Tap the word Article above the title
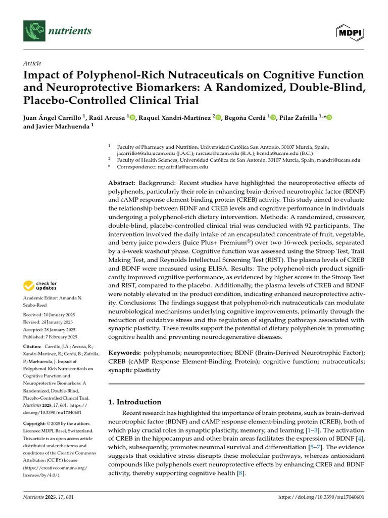pos(32,63)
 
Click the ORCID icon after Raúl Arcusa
pos(133,118)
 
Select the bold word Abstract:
pos(122,183)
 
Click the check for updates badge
pos(43,286)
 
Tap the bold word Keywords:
pos(125,352)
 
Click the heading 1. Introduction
pos(135,402)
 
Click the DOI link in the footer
pos(322,498)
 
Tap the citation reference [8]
pos(241,473)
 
